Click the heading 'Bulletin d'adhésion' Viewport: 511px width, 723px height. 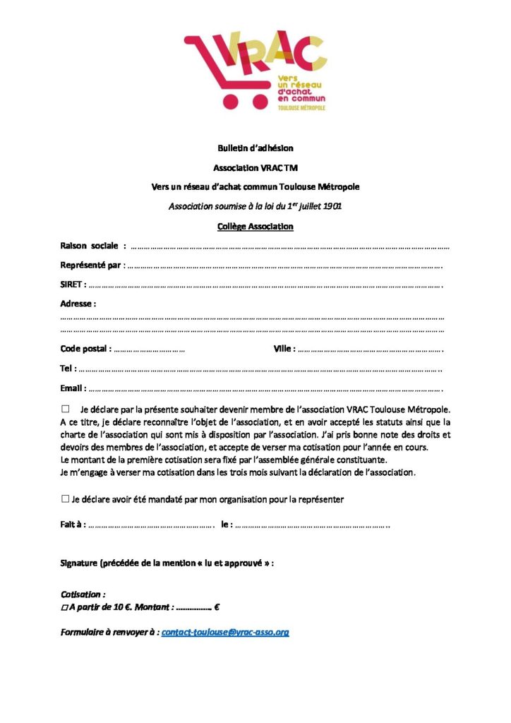255,148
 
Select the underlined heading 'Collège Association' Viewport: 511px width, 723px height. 255,227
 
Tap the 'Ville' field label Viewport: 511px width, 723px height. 284,349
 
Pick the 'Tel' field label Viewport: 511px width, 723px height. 68,369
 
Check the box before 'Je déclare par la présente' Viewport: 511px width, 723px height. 66,409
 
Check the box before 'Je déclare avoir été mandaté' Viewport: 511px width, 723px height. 65,499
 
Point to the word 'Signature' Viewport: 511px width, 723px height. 79,563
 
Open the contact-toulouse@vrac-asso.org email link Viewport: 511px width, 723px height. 225,632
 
